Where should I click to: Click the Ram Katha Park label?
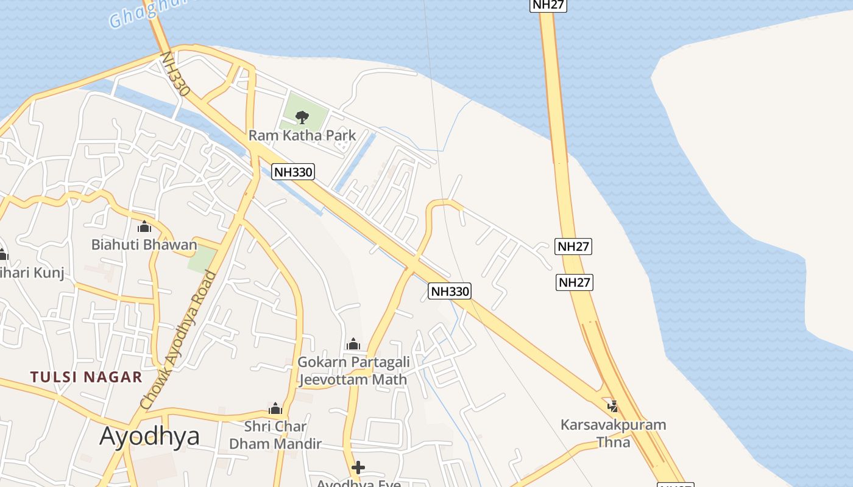(x=302, y=135)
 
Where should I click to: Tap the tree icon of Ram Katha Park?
(x=302, y=117)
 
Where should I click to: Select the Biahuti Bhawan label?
(x=144, y=245)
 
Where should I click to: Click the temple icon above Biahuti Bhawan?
(x=144, y=227)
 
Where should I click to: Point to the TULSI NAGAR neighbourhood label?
(x=87, y=377)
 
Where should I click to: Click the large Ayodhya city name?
(x=149, y=436)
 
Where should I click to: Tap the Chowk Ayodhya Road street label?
(x=178, y=340)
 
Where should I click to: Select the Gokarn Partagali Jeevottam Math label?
(x=353, y=371)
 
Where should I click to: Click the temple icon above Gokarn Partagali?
(x=353, y=345)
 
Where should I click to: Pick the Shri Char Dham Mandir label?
(x=275, y=435)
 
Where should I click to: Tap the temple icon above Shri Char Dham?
(x=275, y=408)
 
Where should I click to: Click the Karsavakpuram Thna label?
(x=613, y=433)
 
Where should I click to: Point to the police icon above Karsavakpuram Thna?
(x=613, y=406)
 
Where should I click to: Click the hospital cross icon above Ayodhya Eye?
(x=358, y=468)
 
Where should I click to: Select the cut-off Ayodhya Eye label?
(x=358, y=483)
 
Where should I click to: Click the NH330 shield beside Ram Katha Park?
(x=293, y=172)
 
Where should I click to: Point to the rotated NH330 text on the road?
(x=175, y=73)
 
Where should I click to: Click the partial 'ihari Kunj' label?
(x=30, y=272)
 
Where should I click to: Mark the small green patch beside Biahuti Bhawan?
(x=201, y=260)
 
